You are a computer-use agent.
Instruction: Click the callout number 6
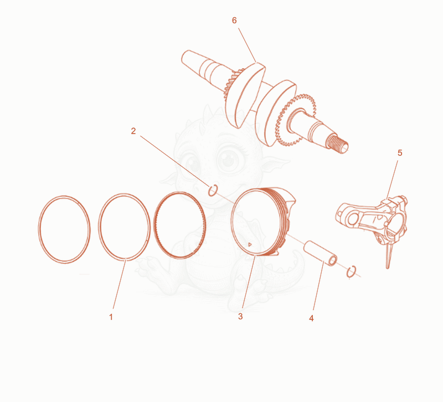tap(234, 21)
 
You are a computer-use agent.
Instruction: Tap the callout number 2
tap(133, 131)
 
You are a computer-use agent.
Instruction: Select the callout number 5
tap(400, 153)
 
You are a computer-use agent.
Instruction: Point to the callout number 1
tap(111, 317)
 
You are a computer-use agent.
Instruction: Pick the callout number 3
tap(240, 316)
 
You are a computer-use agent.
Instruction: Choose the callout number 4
tap(311, 318)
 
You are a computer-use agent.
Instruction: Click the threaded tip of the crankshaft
tap(338, 144)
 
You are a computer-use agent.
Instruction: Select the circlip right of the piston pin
tap(351, 272)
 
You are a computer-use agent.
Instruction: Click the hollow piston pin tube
tap(321, 253)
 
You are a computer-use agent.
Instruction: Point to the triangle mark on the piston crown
tap(250, 245)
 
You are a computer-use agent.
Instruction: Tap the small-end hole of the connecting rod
tap(352, 219)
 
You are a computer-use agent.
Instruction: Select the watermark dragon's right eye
tap(230, 159)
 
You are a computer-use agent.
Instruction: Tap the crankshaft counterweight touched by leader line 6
tap(245, 95)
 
